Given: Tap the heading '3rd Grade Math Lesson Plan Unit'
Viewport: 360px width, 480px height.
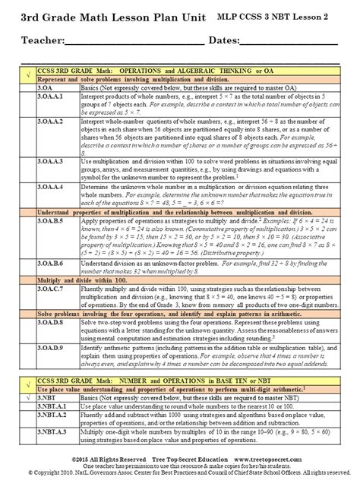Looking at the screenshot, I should pos(103,16).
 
